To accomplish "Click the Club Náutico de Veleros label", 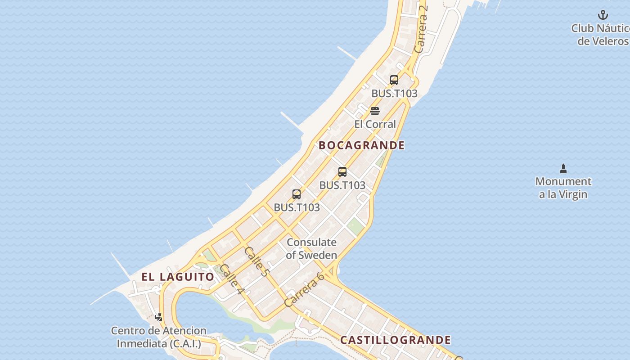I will [600, 35].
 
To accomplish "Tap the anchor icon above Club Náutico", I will [603, 15].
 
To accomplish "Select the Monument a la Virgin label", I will [563, 188].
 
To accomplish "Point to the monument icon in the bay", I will [563, 169].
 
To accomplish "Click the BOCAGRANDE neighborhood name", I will [362, 145].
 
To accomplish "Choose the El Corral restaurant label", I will [375, 124].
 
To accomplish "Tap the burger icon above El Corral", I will [375, 111].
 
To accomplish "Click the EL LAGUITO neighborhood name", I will [178, 277].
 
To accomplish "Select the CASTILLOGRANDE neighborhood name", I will [396, 340].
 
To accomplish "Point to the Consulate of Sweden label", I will [311, 248].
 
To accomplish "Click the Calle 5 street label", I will [256, 262].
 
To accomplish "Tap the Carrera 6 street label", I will [305, 289].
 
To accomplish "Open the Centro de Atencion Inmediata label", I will [159, 337].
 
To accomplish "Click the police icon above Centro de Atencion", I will [158, 317].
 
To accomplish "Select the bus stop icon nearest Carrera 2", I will [394, 80].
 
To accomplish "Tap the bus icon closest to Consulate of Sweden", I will [297, 194].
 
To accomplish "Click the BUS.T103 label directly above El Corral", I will [394, 94].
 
